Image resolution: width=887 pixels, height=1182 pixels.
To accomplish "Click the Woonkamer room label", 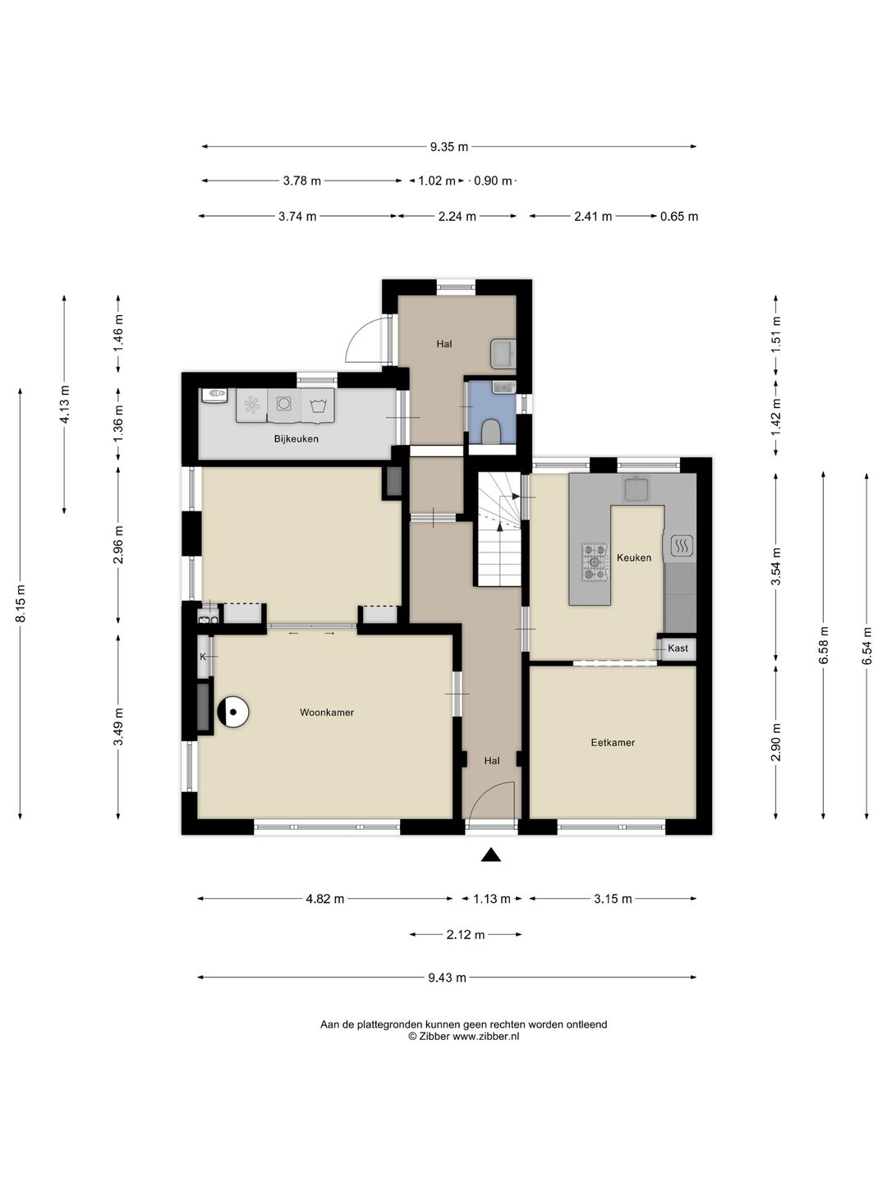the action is tap(326, 712).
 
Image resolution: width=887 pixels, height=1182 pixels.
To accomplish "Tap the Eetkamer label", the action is tap(613, 743).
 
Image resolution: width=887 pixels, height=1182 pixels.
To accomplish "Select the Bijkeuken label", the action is tap(296, 439).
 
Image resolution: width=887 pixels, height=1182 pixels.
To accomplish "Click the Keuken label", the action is tap(634, 558).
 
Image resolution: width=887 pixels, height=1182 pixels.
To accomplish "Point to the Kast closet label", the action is tap(678, 648).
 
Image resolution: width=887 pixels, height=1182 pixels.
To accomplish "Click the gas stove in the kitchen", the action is tap(595, 562).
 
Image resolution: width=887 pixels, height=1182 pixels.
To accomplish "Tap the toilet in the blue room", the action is tap(490, 431).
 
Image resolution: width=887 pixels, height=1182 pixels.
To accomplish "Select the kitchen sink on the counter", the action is tap(637, 488).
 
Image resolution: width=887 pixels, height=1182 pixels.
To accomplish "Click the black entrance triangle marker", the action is tap(490, 855).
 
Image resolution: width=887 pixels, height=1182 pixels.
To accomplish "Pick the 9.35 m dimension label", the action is tap(448, 146).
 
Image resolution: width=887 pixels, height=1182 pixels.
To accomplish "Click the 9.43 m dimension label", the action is tap(447, 978).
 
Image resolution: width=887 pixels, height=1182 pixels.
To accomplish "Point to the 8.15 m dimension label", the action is tap(21, 603).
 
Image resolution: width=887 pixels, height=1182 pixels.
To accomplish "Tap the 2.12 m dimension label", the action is tap(466, 934).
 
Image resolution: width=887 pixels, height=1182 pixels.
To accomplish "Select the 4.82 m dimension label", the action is tap(324, 898).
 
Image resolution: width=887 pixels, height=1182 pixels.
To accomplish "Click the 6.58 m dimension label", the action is tap(823, 646).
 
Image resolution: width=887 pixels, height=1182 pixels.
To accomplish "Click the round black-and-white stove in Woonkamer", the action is tap(233, 712).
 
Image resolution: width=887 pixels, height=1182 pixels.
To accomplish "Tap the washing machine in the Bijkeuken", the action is tap(283, 403).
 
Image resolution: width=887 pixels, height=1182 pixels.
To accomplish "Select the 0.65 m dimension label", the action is tap(679, 217).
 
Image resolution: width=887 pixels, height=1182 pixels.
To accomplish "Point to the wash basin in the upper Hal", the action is tap(503, 353).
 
